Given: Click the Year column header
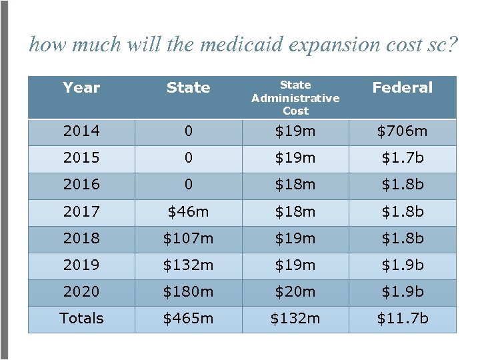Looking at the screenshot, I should point(81,87).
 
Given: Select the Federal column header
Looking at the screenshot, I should point(402,87).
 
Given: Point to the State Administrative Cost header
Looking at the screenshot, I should point(295,97).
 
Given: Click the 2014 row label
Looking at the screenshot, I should point(81,131).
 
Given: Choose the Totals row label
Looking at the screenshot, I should point(81,319).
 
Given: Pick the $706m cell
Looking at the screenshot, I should point(402,131).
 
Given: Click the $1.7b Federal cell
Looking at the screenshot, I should point(402,158).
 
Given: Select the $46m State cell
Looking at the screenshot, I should point(188,212).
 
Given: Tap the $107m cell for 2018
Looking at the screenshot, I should point(188,239).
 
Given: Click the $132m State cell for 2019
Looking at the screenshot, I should point(188,265).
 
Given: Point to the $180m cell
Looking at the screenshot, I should point(188,292).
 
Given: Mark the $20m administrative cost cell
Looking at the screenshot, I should point(295,292).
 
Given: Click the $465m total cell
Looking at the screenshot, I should point(188,319).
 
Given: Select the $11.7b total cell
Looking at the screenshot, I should point(402,319).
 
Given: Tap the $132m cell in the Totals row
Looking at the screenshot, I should point(295,319).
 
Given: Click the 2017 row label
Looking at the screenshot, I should point(81,212).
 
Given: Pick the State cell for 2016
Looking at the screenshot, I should point(188,185).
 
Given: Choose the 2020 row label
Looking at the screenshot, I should point(81,292).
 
